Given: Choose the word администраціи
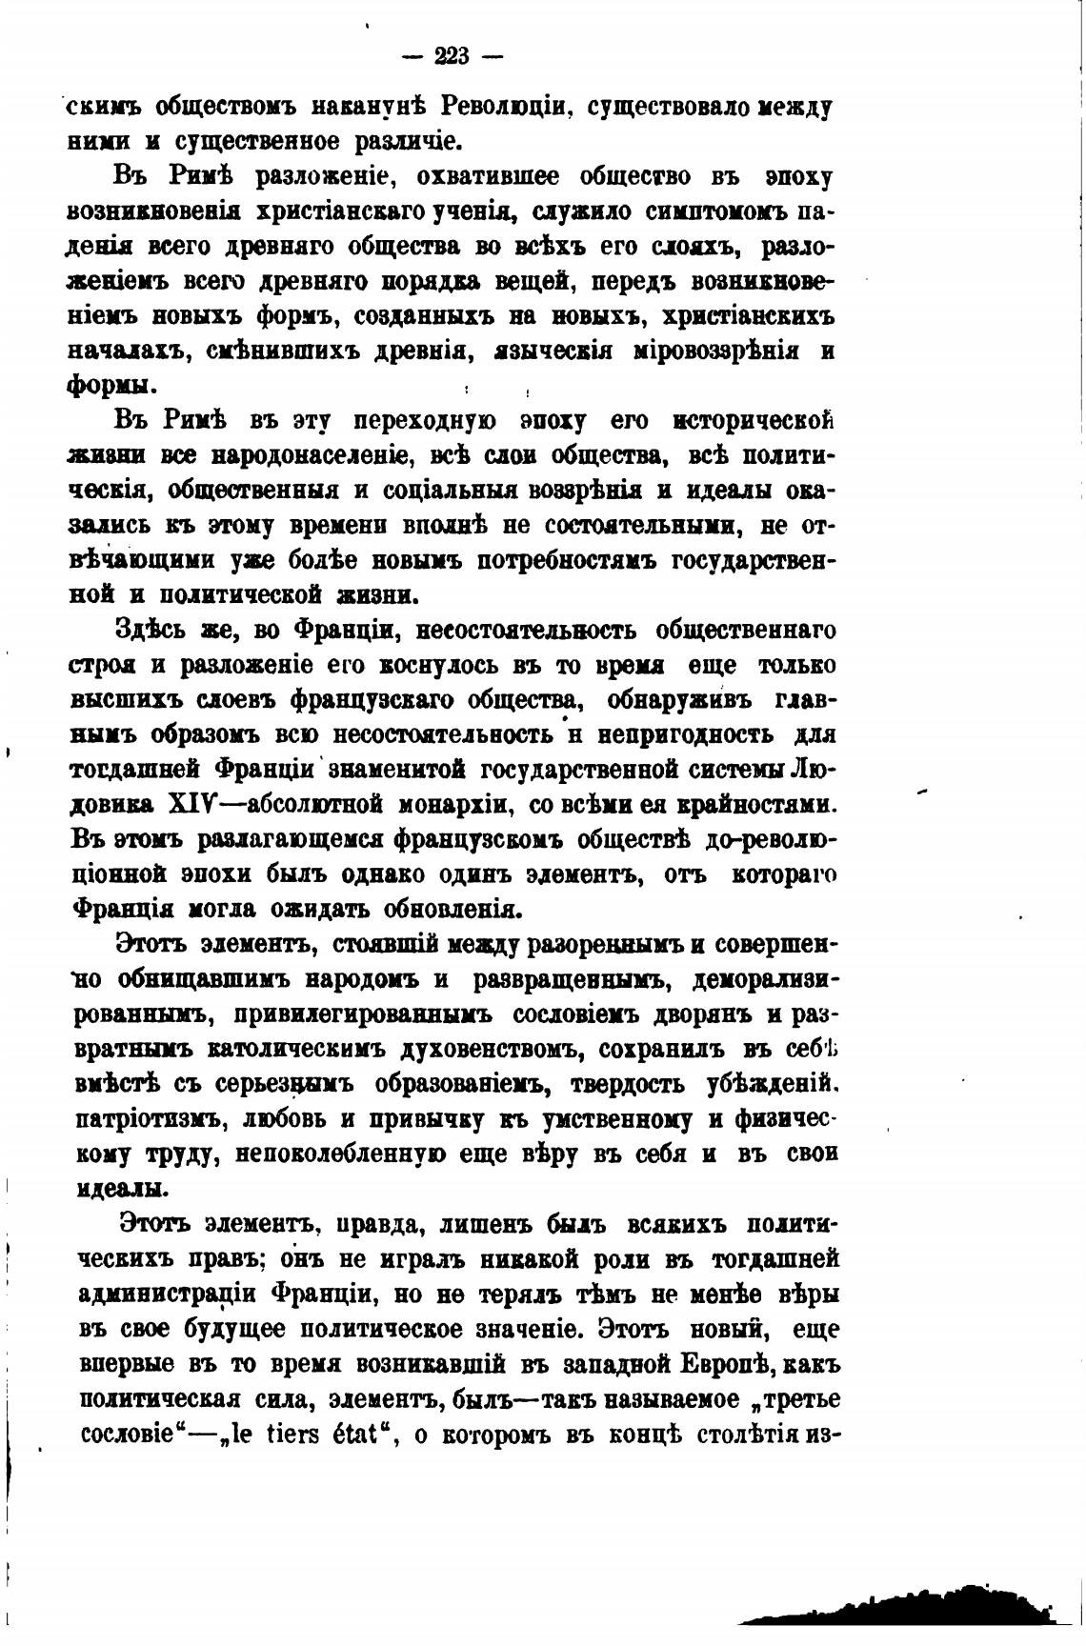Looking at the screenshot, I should point(168,1295).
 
